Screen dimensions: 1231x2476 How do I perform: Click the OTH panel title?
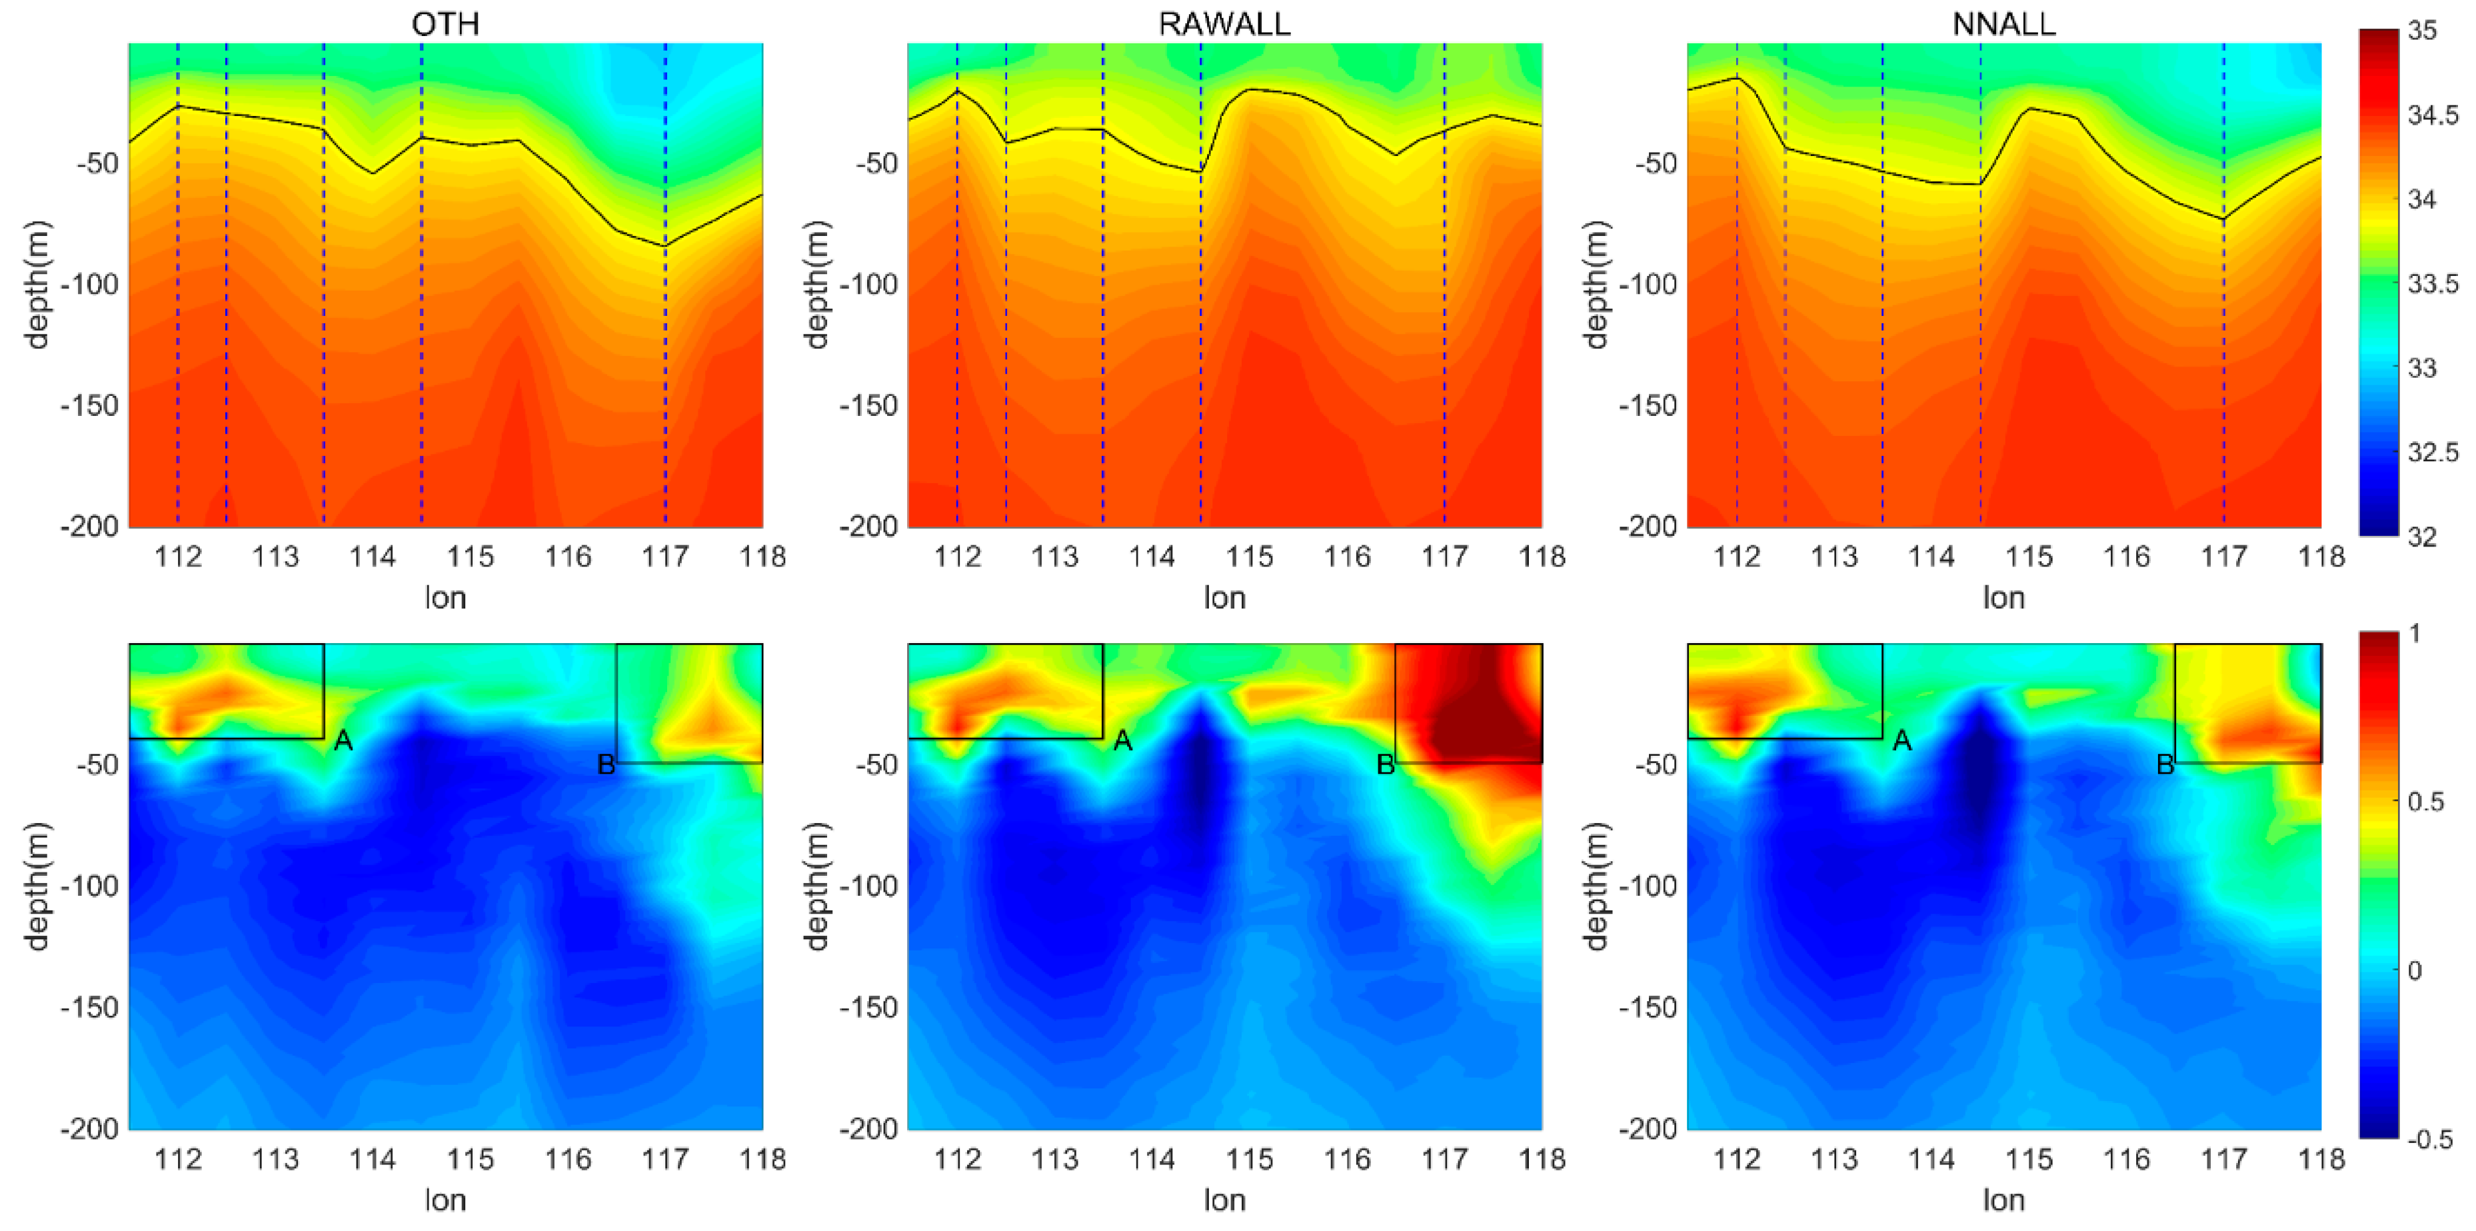tap(445, 23)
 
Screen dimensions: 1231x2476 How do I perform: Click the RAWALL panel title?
tap(1224, 23)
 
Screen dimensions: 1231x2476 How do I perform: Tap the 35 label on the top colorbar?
tap(2421, 31)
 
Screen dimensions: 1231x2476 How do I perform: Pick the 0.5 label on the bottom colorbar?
tap(2426, 801)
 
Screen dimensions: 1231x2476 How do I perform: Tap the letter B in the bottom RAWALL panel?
tap(1385, 765)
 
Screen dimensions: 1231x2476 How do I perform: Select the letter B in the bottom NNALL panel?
tap(2165, 765)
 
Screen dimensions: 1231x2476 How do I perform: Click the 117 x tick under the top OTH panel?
tap(664, 557)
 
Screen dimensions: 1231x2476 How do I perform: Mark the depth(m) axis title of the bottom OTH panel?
tap(37, 886)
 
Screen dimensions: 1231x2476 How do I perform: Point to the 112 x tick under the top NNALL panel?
tap(1736, 557)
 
